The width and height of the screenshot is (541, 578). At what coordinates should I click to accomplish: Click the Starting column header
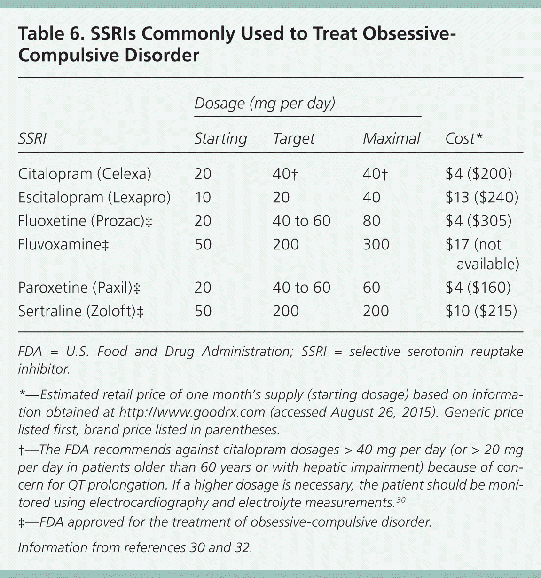(220, 138)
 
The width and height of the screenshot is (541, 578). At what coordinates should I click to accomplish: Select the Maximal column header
(391, 138)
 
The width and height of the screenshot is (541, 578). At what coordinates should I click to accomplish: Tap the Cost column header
(463, 138)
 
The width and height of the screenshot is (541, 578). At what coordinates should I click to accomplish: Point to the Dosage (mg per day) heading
(265, 103)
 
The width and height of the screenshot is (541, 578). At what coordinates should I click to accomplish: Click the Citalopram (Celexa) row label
(85, 174)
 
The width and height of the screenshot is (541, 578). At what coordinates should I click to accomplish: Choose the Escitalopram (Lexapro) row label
(94, 197)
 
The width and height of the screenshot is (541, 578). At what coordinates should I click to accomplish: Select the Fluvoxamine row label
(63, 244)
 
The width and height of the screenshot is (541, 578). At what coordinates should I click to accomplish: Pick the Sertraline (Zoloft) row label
(80, 311)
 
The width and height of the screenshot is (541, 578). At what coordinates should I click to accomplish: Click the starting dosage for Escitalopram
(203, 197)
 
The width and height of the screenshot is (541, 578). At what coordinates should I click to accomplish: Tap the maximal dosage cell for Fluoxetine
(371, 221)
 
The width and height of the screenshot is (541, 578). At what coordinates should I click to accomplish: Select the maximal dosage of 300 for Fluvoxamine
(376, 244)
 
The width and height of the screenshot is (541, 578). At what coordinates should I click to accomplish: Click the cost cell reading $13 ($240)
(481, 197)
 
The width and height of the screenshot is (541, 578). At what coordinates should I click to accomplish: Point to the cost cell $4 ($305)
(478, 221)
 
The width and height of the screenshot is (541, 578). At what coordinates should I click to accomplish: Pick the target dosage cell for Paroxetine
(301, 288)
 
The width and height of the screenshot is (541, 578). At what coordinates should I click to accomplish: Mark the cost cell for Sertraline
(481, 311)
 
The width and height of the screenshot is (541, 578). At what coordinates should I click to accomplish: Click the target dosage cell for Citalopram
(285, 174)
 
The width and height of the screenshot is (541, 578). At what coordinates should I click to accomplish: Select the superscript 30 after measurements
(400, 499)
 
